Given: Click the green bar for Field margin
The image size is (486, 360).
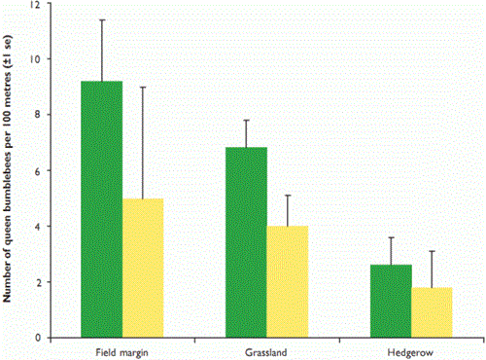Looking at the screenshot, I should click(x=102, y=209).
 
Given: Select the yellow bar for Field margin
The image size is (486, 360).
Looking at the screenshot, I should click(x=143, y=268).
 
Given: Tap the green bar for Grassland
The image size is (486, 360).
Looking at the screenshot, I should click(x=246, y=242).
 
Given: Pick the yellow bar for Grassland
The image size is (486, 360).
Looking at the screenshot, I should click(x=287, y=281).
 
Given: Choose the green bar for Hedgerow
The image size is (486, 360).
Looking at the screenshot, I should click(x=392, y=301).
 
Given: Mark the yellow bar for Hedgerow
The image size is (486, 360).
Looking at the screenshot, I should click(x=433, y=312).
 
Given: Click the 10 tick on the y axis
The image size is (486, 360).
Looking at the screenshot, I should click(x=37, y=59).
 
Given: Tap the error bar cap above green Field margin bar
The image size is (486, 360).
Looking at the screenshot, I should click(x=102, y=19).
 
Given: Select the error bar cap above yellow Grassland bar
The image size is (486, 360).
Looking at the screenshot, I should click(x=287, y=196).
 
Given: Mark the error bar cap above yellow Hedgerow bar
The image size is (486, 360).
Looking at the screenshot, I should click(x=433, y=251).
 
